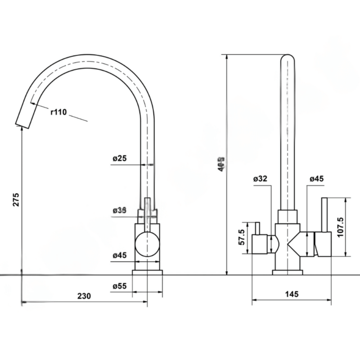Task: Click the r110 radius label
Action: (59, 112)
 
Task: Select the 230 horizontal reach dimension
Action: (84, 296)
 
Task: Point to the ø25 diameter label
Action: (119, 158)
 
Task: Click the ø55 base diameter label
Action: (119, 286)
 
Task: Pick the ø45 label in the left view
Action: (119, 255)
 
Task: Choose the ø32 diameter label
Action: (261, 179)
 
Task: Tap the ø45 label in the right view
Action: (316, 179)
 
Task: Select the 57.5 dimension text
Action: (241, 238)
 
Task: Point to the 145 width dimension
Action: (292, 294)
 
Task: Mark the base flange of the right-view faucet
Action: (288, 272)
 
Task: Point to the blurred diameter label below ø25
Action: (119, 210)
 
